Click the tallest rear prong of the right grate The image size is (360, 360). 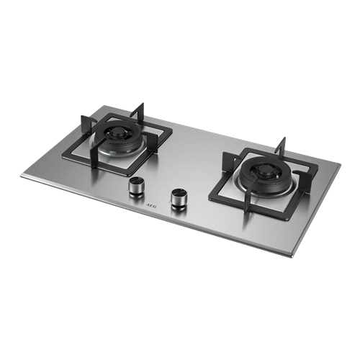click(x=283, y=144)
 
